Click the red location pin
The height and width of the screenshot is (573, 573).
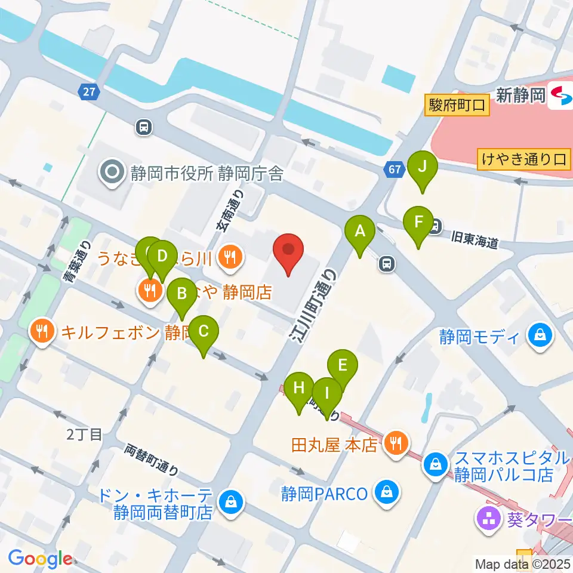pos(288,251)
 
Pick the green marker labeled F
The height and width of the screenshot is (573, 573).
pos(418,223)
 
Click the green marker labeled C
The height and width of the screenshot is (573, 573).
pos(204,332)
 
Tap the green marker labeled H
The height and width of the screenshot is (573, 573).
pos(299,389)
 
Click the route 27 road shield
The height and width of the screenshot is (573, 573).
pos(88,91)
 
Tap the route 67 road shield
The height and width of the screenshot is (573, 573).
pos(393,170)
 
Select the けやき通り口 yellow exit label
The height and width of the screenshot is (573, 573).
pos(524,159)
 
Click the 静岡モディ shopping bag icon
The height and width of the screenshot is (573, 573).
pos(540,336)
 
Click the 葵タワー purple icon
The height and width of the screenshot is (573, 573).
pos(489,517)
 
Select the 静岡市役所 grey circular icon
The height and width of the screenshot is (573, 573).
pos(112,173)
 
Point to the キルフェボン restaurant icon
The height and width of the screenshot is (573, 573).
pos(42,331)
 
